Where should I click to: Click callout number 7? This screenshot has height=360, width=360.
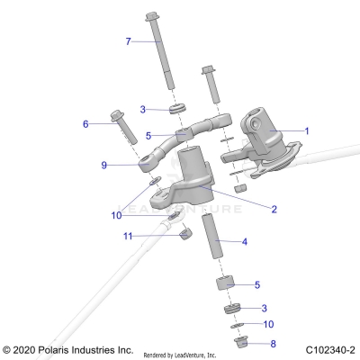[x=129, y=41]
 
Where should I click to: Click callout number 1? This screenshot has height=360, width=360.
[x=306, y=130]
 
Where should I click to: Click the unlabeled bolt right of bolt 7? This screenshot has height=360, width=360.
[x=211, y=86]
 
